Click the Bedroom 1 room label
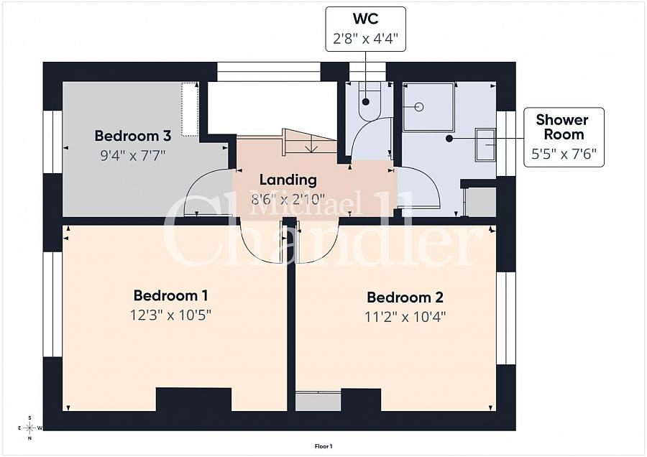[x=170, y=295]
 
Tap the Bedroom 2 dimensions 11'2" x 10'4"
[x=405, y=316]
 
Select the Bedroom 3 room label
[x=132, y=136]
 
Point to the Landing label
[x=288, y=180]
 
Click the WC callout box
[x=365, y=29]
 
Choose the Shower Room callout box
[x=564, y=137]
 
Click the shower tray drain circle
[x=420, y=107]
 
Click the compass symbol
[x=29, y=428]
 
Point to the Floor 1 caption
[x=323, y=446]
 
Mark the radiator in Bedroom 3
[x=189, y=109]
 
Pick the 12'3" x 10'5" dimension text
[x=170, y=315]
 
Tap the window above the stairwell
[x=268, y=72]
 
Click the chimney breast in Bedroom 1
[x=193, y=400]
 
